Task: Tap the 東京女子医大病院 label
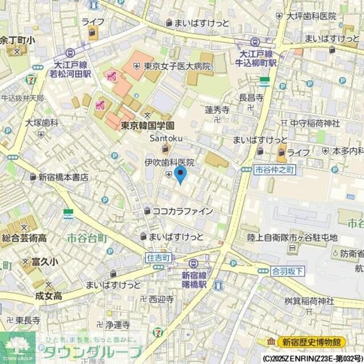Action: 177,66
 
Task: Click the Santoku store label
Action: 165,138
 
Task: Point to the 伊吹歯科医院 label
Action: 169,163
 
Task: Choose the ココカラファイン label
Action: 183,211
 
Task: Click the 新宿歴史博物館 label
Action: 312,342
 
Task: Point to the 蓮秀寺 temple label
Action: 217,110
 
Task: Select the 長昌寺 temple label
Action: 251,98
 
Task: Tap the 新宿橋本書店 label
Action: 63,177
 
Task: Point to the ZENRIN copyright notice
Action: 312,359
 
